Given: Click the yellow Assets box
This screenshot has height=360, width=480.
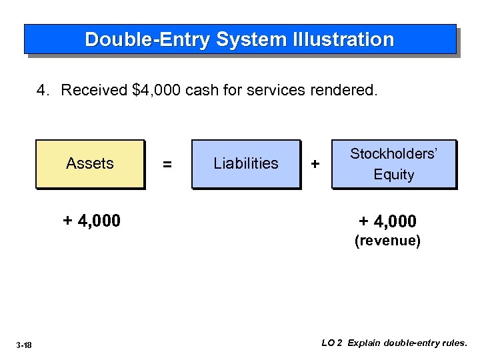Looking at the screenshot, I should click(90, 163).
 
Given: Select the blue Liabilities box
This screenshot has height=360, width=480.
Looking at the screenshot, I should click(246, 163).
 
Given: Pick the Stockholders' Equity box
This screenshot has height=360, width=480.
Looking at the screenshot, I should click(393, 163).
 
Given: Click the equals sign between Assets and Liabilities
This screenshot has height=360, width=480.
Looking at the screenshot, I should click(167, 164).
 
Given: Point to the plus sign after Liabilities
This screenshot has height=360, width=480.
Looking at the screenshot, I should click(315, 164).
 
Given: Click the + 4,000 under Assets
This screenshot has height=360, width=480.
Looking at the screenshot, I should click(91, 220).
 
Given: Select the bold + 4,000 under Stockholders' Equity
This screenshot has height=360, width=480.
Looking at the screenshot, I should click(387, 221).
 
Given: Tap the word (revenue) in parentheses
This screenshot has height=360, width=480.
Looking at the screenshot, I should click(387, 241).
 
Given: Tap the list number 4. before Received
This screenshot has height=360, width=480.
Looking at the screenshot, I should click(44, 90).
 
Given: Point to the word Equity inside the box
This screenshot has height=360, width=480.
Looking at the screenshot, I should click(393, 175).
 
